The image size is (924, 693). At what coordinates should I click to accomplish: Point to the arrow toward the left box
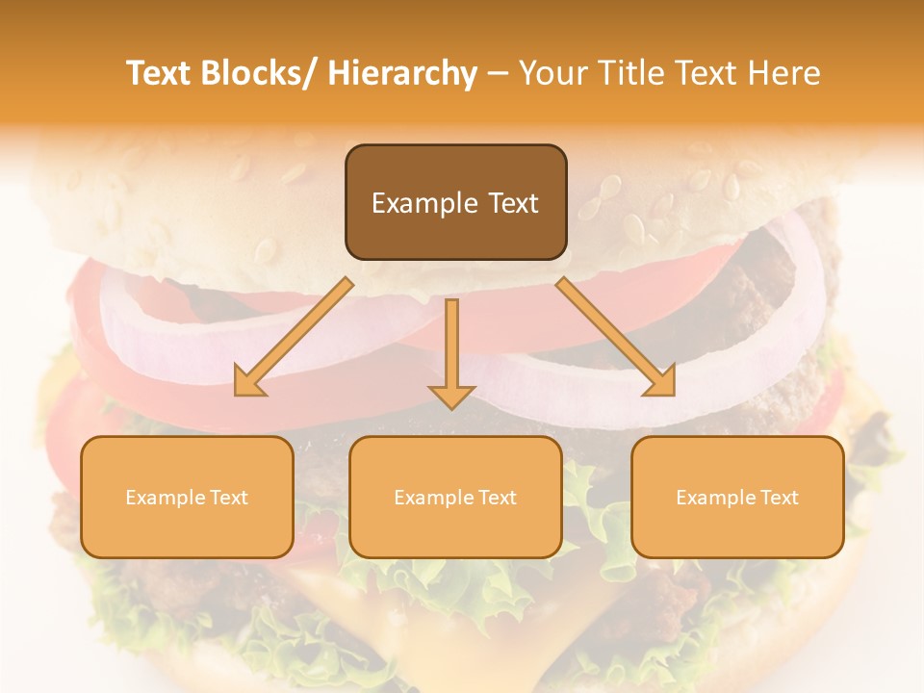coord(294,337)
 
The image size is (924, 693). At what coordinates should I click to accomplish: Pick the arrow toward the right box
coord(616,337)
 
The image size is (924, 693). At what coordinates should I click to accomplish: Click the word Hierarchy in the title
coord(402,73)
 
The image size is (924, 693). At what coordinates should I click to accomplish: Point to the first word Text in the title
coord(158,73)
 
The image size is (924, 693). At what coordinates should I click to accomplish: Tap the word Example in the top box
coord(424,203)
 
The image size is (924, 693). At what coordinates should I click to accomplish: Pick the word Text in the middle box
coord(497,498)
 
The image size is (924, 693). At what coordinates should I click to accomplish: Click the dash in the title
coord(498,73)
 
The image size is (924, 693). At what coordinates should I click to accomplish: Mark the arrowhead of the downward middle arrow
coord(452,396)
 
